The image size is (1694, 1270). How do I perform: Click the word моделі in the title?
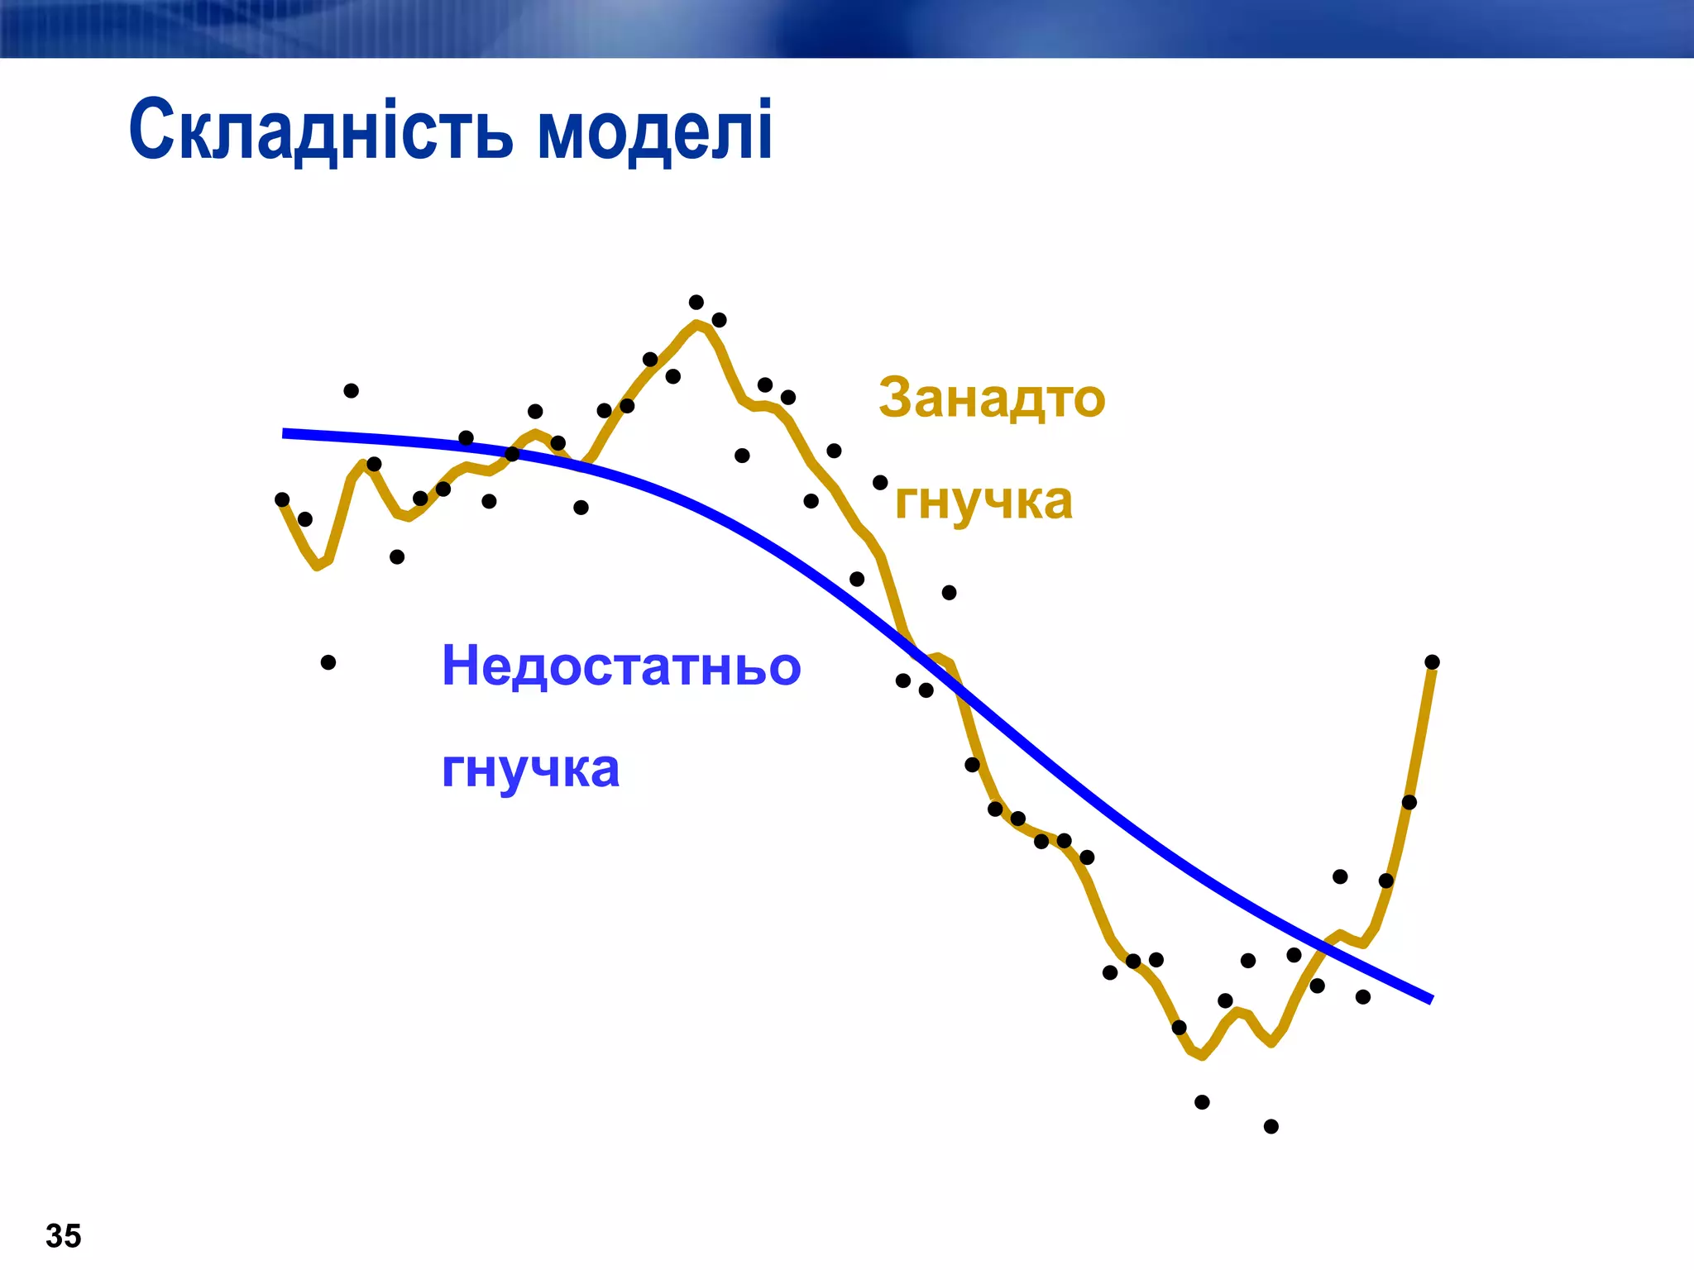click(655, 131)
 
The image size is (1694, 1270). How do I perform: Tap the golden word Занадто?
click(991, 398)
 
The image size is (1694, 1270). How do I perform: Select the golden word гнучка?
click(983, 501)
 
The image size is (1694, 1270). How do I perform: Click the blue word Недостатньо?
click(621, 666)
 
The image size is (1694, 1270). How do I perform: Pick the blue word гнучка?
click(530, 769)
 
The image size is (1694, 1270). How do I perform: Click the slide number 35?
click(64, 1236)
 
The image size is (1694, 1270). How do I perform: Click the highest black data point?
click(696, 302)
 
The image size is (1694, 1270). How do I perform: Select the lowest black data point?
click(1271, 1126)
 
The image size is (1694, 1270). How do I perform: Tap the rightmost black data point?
click(1433, 661)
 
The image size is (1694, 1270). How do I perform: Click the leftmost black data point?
click(282, 499)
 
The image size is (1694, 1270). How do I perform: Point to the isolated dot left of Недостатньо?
click(328, 662)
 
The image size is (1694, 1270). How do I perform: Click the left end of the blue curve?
click(286, 433)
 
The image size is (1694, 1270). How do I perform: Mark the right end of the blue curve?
click(1429, 1000)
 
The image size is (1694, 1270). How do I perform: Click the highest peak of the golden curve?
click(698, 323)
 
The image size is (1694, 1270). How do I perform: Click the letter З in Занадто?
click(894, 398)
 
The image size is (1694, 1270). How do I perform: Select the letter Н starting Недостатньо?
click(460, 666)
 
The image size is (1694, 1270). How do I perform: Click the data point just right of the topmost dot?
click(720, 320)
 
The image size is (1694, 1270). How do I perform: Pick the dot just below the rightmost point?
click(1409, 802)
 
